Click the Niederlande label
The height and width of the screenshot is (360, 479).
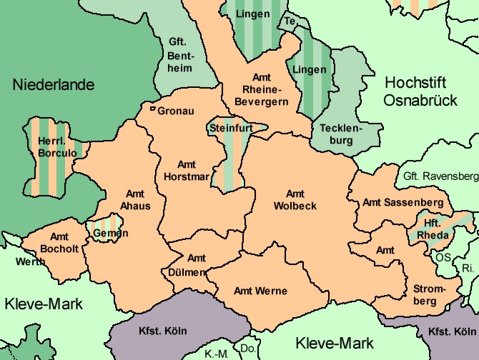click(x=54, y=85)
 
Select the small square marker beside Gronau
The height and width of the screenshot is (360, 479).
click(x=152, y=109)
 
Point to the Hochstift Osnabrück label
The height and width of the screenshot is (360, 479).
click(x=420, y=91)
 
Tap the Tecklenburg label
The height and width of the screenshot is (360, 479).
click(x=342, y=134)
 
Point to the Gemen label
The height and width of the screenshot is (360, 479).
click(x=110, y=233)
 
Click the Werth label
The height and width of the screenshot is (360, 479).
click(x=30, y=261)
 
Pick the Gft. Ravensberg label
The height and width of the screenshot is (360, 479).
click(x=439, y=176)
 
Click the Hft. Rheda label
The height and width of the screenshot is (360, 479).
click(x=436, y=230)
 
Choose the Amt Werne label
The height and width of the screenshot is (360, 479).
click(x=261, y=291)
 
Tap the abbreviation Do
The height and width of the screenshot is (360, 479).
click(x=248, y=349)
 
